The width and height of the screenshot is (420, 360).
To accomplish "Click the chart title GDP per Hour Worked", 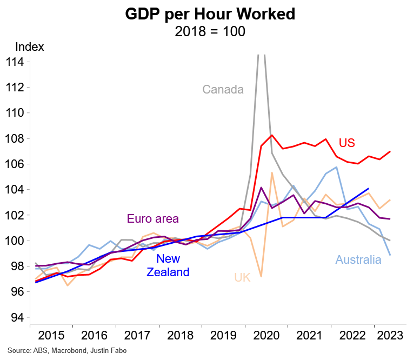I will pos(210,14).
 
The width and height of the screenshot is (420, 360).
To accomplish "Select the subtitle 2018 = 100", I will pos(210,31).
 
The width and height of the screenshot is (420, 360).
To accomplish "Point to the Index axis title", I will pos(30,47).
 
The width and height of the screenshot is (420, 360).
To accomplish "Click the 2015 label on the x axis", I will pos(51,335).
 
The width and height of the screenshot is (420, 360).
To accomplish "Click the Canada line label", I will pos(223,89).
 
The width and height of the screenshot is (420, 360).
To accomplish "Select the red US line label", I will pos(347,143).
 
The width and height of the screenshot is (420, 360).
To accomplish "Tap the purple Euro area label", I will pos(153,219).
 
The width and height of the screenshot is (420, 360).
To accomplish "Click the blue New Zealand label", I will pos(168,265).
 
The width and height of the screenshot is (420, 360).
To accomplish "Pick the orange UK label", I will pos(242,278).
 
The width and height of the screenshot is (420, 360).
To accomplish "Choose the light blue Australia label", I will pos(358,260).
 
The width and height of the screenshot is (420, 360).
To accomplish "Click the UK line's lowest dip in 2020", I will pos(261,276).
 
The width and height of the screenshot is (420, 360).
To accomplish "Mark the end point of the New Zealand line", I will pos(368,189).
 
